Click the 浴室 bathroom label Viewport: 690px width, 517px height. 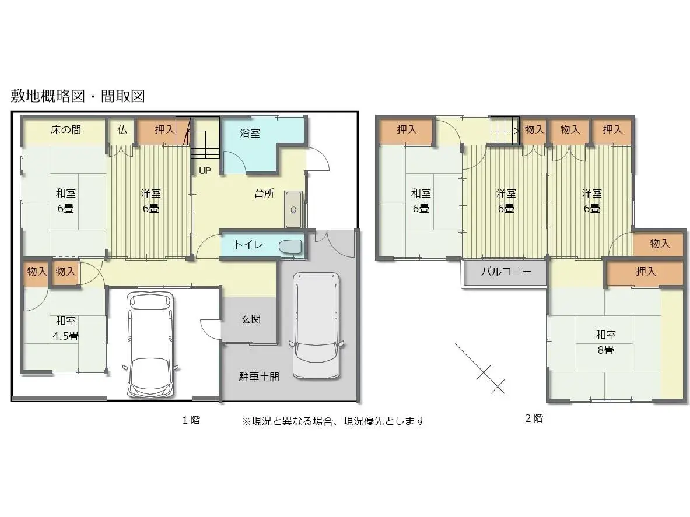click(x=250, y=133)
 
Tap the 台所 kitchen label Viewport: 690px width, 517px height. click(x=264, y=193)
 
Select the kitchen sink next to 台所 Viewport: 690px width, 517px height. click(x=293, y=209)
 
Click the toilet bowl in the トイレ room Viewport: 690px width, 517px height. click(x=290, y=247)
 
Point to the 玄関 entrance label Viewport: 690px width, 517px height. click(x=250, y=319)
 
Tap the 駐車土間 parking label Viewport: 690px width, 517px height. click(x=259, y=377)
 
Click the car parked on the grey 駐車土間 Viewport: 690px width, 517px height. click(x=316, y=325)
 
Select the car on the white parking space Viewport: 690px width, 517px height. click(x=150, y=344)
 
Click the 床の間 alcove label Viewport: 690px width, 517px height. click(x=65, y=130)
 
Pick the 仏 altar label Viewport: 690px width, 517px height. click(x=122, y=130)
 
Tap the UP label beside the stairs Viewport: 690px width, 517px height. click(x=205, y=171)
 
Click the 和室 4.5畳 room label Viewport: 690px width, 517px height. click(x=65, y=328)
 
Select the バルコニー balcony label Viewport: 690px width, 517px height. click(x=506, y=271)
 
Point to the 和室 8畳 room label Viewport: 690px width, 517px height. click(x=605, y=343)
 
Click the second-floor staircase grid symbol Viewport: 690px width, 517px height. click(x=505, y=131)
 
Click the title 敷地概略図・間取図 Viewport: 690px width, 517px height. click(x=78, y=96)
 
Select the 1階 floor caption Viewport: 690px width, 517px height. click(x=191, y=420)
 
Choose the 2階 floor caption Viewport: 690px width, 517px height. click(x=534, y=418)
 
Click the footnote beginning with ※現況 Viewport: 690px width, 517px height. click(x=333, y=421)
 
